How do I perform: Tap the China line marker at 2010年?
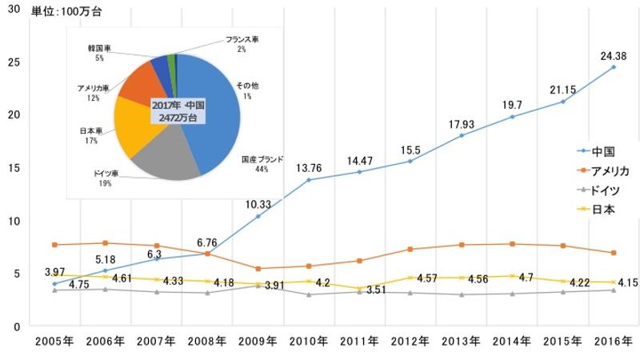(309, 180)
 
